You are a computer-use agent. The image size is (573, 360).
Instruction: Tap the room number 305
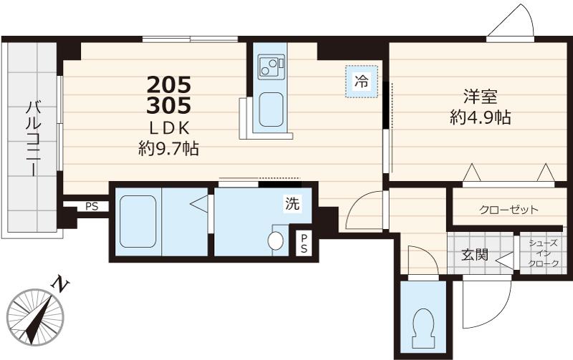(169, 107)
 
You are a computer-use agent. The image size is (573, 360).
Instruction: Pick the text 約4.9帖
(481, 118)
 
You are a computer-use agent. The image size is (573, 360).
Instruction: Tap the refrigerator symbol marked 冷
(362, 81)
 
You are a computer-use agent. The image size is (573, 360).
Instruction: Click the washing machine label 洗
(293, 203)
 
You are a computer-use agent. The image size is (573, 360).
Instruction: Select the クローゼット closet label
(509, 210)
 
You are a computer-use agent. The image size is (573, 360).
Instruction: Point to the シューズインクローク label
(544, 254)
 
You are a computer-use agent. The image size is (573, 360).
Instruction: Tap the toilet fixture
(423, 324)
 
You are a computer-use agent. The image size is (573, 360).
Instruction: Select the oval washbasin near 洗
(276, 240)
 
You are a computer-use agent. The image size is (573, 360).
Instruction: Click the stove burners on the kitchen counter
(270, 67)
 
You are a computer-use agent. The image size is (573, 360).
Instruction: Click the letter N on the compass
(63, 286)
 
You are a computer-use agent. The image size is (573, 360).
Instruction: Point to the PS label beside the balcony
(92, 207)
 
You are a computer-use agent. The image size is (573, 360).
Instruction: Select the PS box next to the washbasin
(304, 243)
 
